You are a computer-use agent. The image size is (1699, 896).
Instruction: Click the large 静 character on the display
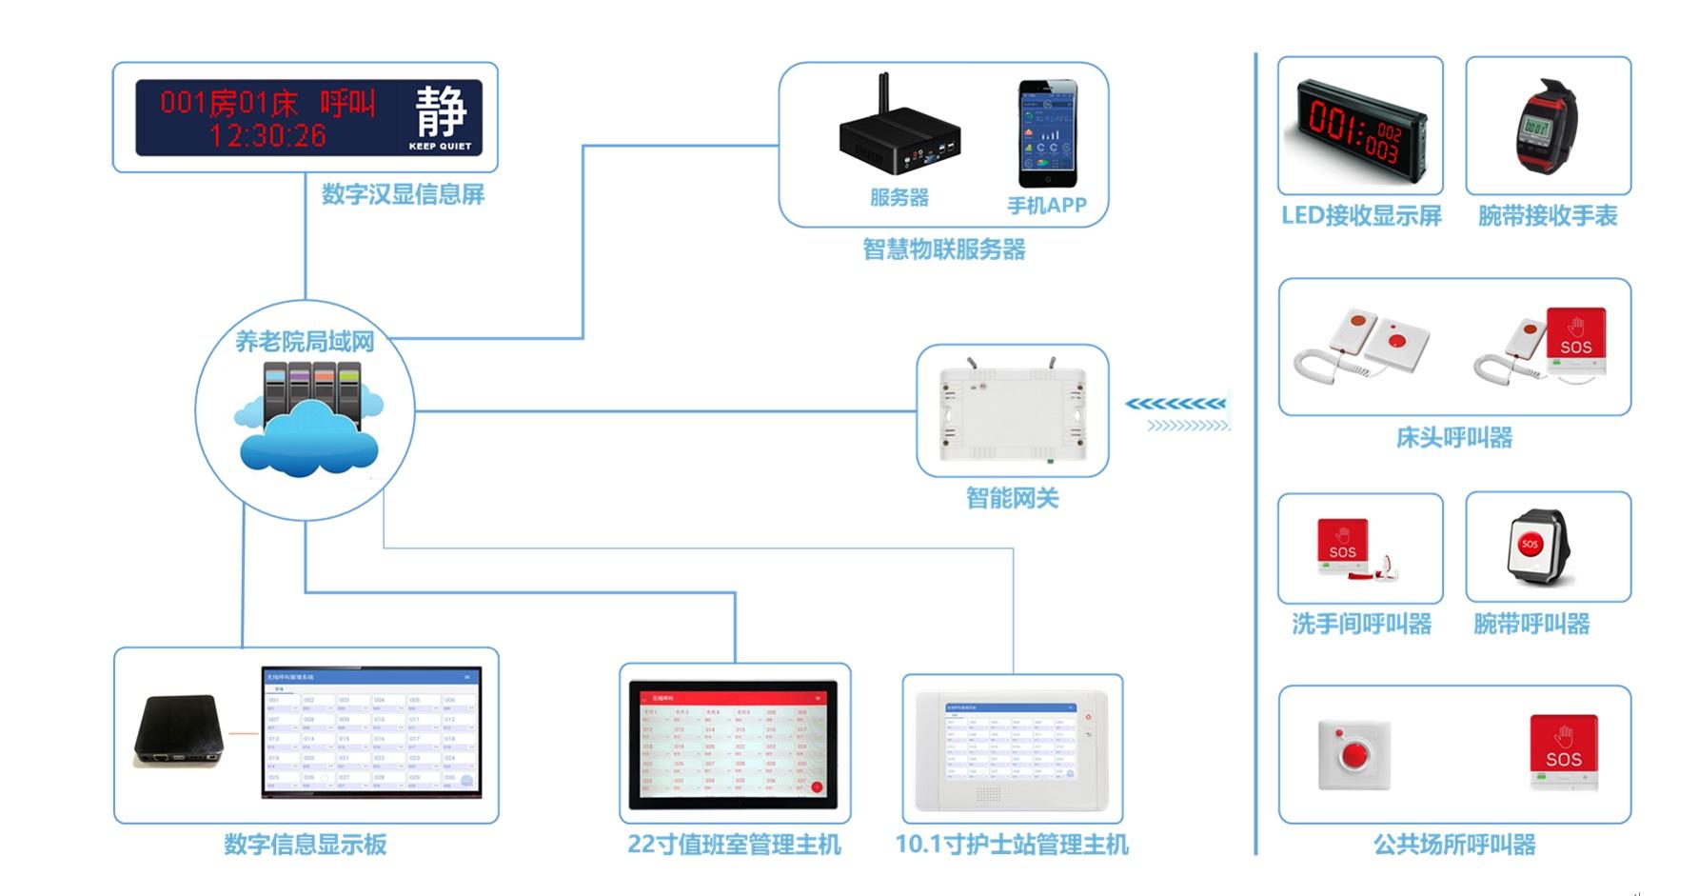[441, 110]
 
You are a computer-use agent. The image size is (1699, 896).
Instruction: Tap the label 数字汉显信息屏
[403, 194]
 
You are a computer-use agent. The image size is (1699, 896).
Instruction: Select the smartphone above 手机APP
[1047, 133]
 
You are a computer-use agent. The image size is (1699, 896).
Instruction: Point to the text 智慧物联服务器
[943, 249]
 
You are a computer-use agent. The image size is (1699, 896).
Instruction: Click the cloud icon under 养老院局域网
[306, 438]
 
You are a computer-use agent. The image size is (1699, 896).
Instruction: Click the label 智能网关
[1012, 498]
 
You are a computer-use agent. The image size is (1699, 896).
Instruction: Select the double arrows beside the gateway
[1178, 414]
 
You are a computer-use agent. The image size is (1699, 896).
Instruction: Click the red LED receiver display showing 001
[1356, 129]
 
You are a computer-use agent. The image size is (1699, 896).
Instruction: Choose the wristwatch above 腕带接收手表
[1544, 129]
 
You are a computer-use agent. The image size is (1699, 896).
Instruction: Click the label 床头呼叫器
[1453, 438]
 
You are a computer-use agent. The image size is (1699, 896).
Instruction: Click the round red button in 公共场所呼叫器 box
[1353, 754]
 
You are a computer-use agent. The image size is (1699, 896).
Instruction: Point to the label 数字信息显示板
[305, 845]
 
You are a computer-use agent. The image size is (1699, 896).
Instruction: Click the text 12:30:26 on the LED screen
[267, 136]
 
